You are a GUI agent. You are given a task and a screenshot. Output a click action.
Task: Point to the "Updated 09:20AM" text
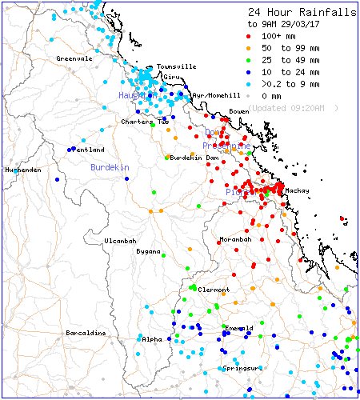click(293, 107)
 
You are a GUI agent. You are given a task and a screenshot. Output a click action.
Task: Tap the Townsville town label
click(176, 66)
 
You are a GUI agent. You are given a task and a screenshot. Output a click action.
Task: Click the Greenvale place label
click(74, 58)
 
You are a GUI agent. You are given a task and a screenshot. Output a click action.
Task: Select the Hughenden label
click(22, 170)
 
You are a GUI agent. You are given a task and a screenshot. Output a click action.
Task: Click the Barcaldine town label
click(86, 333)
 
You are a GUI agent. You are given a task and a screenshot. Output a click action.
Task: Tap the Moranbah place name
click(235, 239)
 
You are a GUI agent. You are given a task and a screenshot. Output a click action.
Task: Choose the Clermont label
click(214, 289)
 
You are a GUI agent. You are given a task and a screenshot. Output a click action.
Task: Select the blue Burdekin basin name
click(109, 168)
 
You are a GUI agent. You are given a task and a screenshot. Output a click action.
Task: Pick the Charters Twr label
click(145, 122)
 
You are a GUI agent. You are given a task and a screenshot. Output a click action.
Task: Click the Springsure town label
click(242, 368)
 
